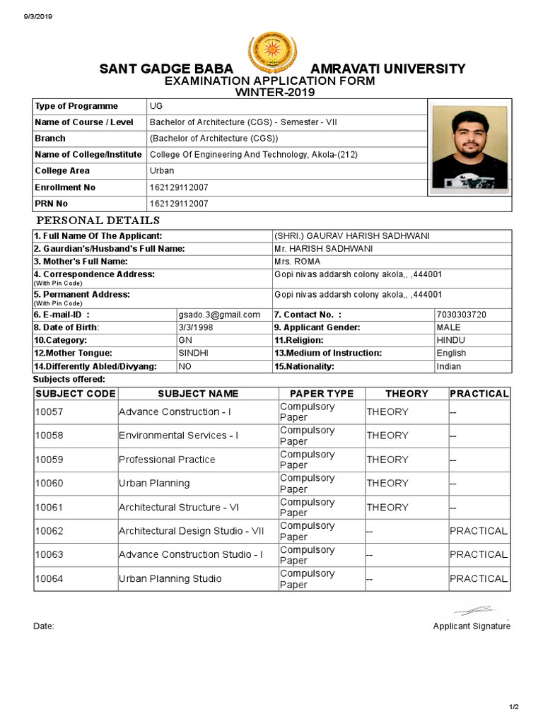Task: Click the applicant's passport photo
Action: [x=469, y=147]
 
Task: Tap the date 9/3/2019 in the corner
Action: [x=28, y=16]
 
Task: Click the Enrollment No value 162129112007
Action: [x=179, y=187]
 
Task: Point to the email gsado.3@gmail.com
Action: [x=219, y=315]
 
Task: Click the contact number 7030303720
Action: [x=461, y=315]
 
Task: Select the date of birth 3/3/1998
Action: [x=196, y=327]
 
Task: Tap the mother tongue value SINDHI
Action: [x=193, y=353]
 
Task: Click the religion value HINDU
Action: [x=451, y=340]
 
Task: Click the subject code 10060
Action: [x=49, y=484]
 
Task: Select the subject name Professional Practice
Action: [x=167, y=460]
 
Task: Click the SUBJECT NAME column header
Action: [x=198, y=394]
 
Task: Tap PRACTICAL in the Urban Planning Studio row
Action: [x=478, y=578]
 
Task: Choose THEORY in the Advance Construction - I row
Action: [x=387, y=412]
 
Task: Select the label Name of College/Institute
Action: [x=88, y=154]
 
